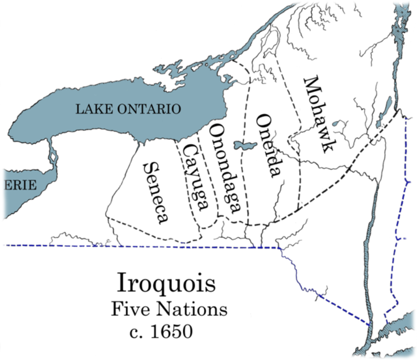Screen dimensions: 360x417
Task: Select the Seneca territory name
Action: (x=154, y=192)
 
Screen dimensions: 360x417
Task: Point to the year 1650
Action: (x=170, y=332)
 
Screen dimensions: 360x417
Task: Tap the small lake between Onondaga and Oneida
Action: (x=246, y=146)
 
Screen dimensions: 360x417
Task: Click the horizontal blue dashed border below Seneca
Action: (x=130, y=246)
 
